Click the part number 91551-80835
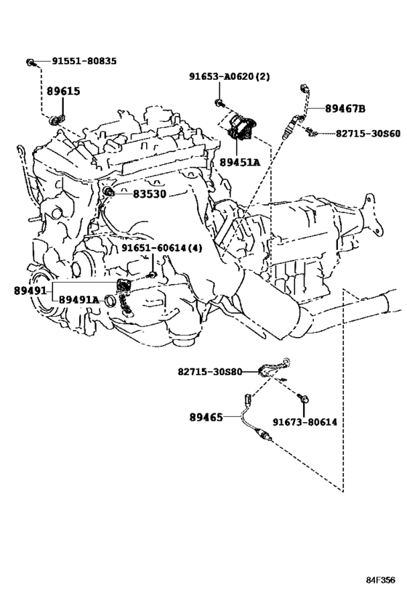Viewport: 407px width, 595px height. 84,61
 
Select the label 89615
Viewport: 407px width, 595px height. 63,91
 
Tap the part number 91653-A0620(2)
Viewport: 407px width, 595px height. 230,77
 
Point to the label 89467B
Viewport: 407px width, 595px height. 344,109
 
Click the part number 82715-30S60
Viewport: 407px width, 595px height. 368,134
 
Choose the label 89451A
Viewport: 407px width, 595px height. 240,163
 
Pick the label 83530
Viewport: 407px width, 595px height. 149,194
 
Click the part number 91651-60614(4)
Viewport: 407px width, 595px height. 162,248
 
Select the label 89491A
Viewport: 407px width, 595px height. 78,300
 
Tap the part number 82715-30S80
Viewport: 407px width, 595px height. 210,371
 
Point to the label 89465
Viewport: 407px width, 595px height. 206,418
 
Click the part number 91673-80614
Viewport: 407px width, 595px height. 305,422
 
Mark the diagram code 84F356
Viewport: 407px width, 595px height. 380,580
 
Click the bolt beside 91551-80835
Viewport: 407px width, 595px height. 31,62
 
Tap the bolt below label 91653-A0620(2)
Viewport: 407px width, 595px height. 219,102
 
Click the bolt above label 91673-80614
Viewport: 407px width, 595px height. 303,397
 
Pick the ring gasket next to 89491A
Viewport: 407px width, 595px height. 110,301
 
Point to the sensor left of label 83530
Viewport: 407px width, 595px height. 109,191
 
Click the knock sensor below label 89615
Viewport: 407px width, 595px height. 56,120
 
